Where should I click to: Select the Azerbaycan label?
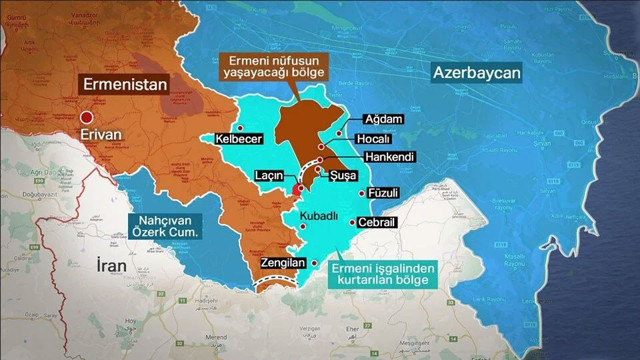point(478,72)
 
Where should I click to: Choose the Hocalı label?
point(372,138)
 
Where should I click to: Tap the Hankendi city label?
point(376,157)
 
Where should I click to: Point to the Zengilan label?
point(281,262)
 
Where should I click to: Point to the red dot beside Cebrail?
point(352,223)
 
